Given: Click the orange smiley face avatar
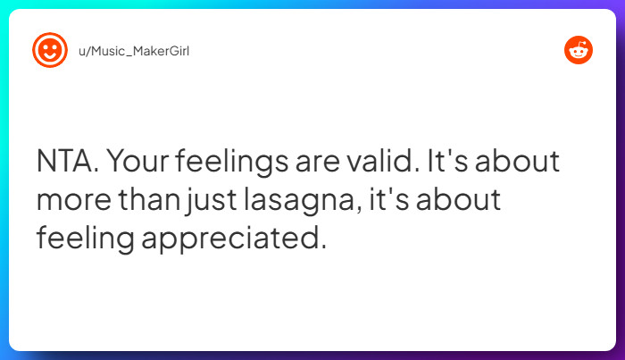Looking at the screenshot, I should click(50, 50).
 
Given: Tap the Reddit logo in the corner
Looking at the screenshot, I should click(579, 50).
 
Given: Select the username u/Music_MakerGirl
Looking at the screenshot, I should click(134, 50).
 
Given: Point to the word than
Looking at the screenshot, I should click(153, 202).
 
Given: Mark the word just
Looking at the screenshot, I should click(210, 202).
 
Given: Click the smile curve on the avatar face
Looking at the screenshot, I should click(50, 56).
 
